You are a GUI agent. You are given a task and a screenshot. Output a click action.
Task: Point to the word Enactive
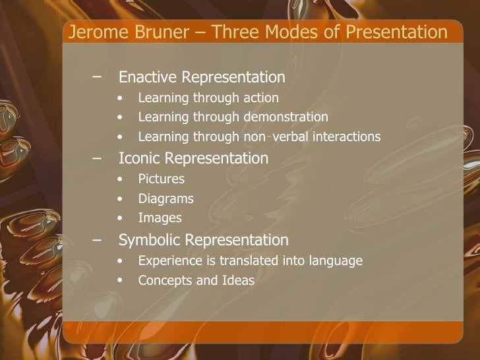[x=148, y=77]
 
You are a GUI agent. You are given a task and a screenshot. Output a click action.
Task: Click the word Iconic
[x=140, y=158]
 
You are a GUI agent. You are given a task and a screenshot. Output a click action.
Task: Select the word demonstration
[x=285, y=117]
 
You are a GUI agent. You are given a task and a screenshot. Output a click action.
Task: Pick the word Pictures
[x=161, y=179]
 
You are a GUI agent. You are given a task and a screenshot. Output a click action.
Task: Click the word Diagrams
[x=165, y=198]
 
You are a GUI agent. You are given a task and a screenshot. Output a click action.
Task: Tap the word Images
[x=160, y=218]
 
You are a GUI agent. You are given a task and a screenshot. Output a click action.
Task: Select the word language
[x=334, y=261]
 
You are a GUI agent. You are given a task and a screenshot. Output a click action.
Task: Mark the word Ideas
[x=238, y=280]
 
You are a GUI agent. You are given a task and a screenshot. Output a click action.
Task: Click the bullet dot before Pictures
[x=118, y=179]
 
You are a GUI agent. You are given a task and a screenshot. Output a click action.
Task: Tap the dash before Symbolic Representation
[x=98, y=239]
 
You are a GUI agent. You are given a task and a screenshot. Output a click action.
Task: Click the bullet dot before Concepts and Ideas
[x=118, y=280]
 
